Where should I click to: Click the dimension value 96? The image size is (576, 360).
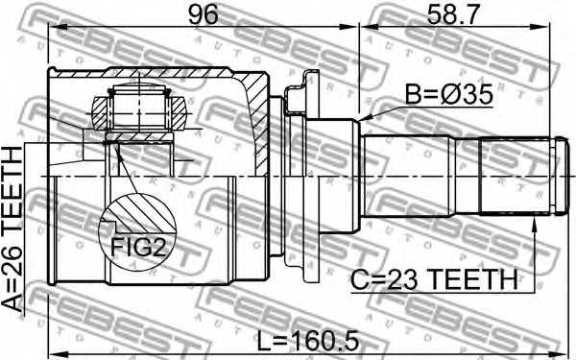click(x=203, y=14)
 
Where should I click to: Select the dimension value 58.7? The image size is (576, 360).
click(x=453, y=14)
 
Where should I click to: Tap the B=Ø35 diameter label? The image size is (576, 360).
click(x=448, y=95)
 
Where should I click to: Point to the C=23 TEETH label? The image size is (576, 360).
click(x=434, y=279)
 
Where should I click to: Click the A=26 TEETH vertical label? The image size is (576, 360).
click(x=12, y=228)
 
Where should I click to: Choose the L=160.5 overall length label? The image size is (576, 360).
click(x=307, y=341)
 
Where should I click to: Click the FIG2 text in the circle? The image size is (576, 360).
click(x=138, y=247)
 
